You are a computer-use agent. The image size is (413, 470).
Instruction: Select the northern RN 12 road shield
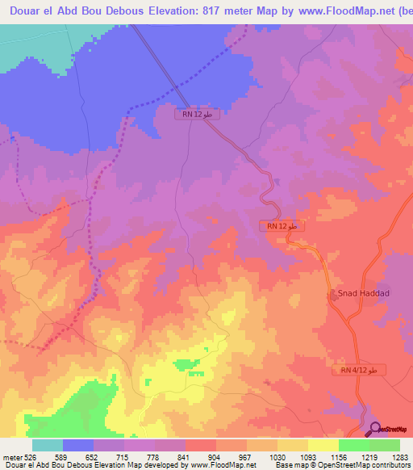198,115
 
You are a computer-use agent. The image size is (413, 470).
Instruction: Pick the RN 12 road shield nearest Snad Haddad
282,226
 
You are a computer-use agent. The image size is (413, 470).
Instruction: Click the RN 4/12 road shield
359,370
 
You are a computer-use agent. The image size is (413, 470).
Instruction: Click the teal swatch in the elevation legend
47,445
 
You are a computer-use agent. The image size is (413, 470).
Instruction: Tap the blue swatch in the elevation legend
77,445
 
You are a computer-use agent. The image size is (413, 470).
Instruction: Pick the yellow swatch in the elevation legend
323,445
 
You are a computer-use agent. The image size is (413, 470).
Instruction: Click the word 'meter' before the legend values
10,456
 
